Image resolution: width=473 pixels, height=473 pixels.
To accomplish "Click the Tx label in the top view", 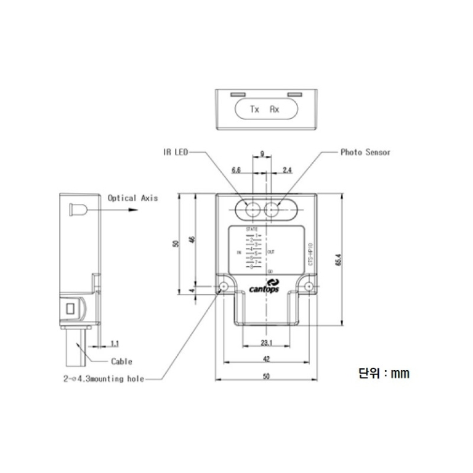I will pos(254,110).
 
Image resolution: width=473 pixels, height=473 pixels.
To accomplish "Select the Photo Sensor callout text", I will pos(365,152).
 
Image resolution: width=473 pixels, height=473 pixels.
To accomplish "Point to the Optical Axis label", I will pos(132,198).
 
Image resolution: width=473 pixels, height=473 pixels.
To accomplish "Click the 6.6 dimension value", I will pos(236,169).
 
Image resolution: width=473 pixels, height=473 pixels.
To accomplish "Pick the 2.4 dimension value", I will pos(287,169).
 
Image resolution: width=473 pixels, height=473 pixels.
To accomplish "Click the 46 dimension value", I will pos(192,240).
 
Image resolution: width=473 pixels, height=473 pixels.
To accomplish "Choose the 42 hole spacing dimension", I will pos(266,358).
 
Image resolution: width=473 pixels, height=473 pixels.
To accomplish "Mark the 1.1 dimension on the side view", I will pos(115,342).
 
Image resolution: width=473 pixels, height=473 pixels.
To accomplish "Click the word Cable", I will pos(121,362).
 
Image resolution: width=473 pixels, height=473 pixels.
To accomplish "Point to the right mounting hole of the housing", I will pos(307,286).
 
